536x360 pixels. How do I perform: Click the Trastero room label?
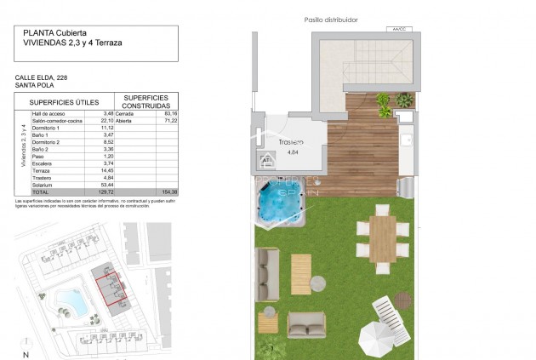pos(291,143)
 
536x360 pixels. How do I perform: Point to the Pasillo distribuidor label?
pos(331,20)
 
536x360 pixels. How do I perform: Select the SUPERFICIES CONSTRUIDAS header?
pos(151,100)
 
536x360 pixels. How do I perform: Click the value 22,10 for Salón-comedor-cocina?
pos(107,120)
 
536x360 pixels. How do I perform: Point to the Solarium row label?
pos(43,184)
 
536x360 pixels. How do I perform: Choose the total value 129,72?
pos(105,191)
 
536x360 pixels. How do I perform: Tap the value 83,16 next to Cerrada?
pos(169,113)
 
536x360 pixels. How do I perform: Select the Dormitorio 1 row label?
pos(48,127)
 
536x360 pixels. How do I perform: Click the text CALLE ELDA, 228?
pos(40,77)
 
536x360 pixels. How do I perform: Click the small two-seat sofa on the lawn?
pos(305,323)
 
